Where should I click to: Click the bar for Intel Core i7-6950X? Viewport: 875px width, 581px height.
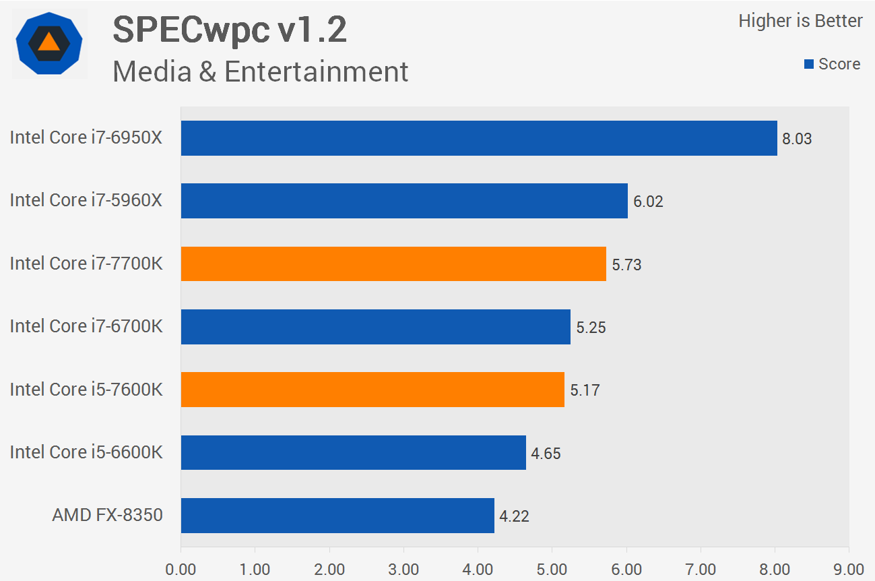[x=478, y=138]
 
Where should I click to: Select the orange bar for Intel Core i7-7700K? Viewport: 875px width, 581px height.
[x=393, y=264]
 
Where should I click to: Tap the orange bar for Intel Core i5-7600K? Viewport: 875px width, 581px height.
[x=372, y=390]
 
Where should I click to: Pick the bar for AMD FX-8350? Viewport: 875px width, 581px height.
[x=337, y=516]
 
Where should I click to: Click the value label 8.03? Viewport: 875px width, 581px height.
[x=797, y=140]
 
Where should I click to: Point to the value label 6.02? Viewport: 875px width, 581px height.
[x=648, y=202]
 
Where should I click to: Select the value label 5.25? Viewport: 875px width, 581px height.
[x=591, y=328]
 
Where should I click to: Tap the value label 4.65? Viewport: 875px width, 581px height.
[x=546, y=454]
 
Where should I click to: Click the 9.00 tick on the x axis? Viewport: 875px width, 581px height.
[x=849, y=569]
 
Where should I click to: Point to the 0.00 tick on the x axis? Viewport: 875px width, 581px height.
[x=181, y=569]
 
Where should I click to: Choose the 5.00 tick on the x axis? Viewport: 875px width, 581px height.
[x=552, y=569]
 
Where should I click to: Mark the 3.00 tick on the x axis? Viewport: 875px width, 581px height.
[x=403, y=569]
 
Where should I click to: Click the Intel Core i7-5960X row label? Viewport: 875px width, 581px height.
[x=86, y=200]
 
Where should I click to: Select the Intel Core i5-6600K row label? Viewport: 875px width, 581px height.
[x=86, y=452]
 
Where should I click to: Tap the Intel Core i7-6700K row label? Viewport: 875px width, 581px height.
[x=86, y=326]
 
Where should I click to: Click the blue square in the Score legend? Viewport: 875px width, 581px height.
[x=809, y=65]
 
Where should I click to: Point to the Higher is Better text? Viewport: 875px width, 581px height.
[x=800, y=21]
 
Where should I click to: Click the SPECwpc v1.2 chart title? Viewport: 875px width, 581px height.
[x=230, y=30]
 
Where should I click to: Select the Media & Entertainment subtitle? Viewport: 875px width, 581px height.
[x=260, y=71]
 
